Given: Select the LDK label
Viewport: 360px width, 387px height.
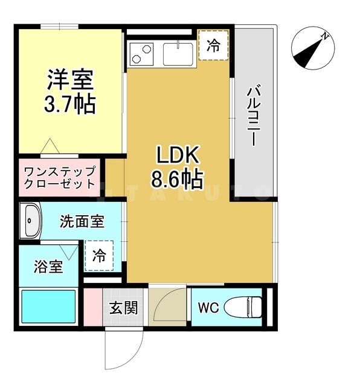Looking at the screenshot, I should (178, 156).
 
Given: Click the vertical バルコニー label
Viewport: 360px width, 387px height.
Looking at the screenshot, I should (253, 115).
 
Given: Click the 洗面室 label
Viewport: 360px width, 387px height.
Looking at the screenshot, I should (82, 222).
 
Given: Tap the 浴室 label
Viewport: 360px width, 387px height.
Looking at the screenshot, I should (48, 266).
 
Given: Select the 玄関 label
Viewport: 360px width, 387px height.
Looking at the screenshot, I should (123, 307).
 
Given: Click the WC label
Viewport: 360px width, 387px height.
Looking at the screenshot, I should (208, 307).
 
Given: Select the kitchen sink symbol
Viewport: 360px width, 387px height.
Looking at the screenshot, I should (178, 54).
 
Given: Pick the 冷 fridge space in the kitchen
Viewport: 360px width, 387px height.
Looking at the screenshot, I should (214, 46).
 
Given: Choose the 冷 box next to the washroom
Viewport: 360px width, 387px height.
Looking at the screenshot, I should (99, 255).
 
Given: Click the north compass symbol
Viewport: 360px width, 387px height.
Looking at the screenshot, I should (312, 49).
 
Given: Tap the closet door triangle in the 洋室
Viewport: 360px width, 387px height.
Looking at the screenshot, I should (50, 146).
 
